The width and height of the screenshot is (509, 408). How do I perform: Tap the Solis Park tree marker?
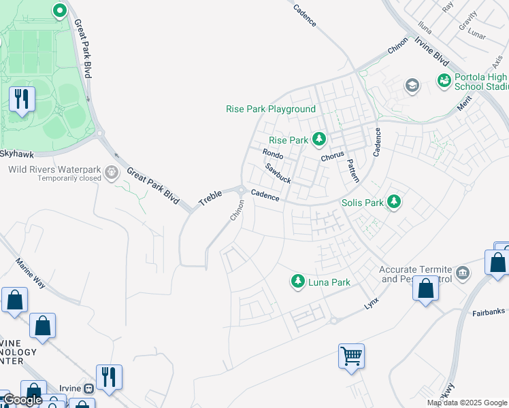(393, 202)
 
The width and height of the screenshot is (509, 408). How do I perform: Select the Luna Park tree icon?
(297, 281)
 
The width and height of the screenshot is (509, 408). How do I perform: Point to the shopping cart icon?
(351, 355)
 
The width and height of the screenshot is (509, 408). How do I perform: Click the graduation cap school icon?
(412, 86)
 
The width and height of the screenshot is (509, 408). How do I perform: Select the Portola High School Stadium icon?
(444, 81)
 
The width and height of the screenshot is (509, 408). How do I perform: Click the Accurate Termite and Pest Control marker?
(463, 273)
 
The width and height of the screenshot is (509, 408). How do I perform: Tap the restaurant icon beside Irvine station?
(109, 377)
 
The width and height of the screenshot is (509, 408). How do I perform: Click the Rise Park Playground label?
(271, 109)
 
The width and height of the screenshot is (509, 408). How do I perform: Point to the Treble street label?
(210, 198)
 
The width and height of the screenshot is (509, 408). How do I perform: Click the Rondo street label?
(273, 154)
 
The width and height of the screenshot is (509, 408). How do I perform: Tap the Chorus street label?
(333, 157)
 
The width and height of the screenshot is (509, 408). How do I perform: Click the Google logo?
(22, 400)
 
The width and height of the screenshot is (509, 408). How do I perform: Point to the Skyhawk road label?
(16, 154)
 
